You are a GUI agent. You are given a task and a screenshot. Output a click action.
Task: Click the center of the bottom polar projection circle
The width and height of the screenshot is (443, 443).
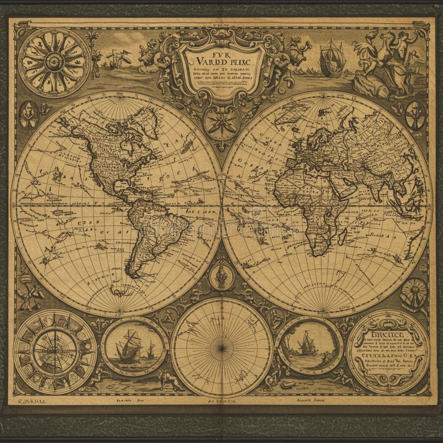point(221,347)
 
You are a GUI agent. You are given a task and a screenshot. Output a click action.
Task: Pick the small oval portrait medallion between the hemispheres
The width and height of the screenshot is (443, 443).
point(221,275)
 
